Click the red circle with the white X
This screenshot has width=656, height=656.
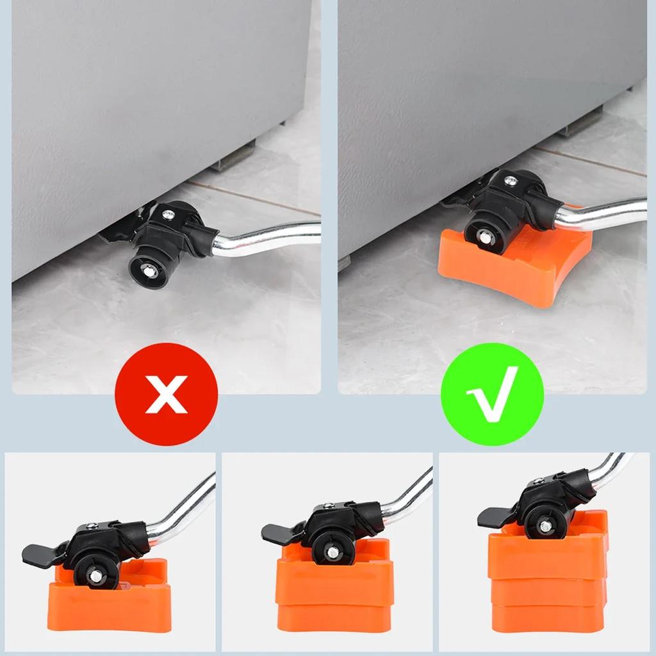[167, 393]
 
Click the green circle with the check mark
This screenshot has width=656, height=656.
[493, 393]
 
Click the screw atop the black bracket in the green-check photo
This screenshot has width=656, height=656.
[510, 181]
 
